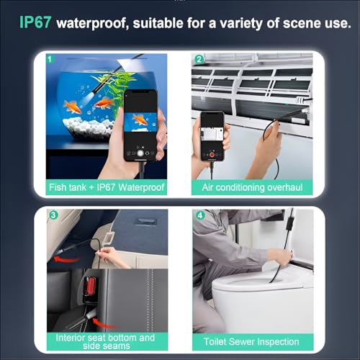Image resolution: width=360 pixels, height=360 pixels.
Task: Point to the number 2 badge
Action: click(199, 60)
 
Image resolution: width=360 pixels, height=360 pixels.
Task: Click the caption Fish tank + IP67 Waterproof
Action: click(107, 188)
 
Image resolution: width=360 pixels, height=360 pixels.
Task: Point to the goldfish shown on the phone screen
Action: click(140, 119)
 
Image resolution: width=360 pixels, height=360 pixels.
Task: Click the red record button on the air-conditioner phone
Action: click(213, 154)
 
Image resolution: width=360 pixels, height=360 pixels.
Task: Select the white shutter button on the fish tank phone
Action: click(140, 153)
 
